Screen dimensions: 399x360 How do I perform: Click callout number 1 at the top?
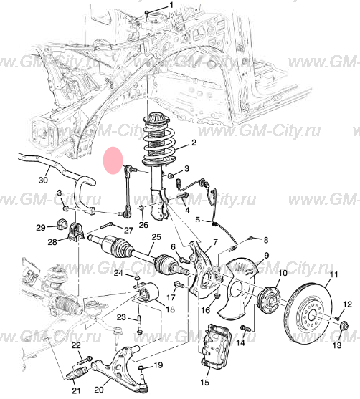(171, 6)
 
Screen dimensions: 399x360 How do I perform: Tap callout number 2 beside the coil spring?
(193, 143)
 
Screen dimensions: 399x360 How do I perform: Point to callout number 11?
(332, 275)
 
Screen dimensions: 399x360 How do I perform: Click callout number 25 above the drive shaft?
(156, 237)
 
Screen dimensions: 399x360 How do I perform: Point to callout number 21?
(77, 390)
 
